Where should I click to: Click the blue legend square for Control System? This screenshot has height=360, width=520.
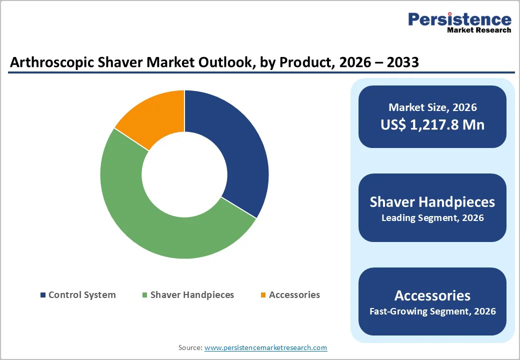pyautogui.click(x=43, y=295)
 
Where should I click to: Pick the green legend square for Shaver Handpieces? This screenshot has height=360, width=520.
pyautogui.click(x=145, y=295)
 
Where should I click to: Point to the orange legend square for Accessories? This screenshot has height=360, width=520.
pyautogui.click(x=263, y=295)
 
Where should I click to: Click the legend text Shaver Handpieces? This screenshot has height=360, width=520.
pyautogui.click(x=192, y=295)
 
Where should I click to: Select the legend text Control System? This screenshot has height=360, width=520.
pyautogui.click(x=82, y=295)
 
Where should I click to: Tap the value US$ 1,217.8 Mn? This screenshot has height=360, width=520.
pyautogui.click(x=432, y=124)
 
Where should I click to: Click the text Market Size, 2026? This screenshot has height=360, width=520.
pyautogui.click(x=432, y=107)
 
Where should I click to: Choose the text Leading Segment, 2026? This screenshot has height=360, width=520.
pyautogui.click(x=432, y=218)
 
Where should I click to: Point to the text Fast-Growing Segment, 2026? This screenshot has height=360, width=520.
pyautogui.click(x=432, y=311)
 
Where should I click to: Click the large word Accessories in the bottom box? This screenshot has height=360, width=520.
pyautogui.click(x=432, y=295)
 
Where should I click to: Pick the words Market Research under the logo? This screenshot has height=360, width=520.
pyautogui.click(x=479, y=30)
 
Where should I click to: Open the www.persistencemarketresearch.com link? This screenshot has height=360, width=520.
pyautogui.click(x=265, y=347)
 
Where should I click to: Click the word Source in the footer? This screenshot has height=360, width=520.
pyautogui.click(x=189, y=347)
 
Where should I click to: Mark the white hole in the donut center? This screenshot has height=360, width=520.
pyautogui.click(x=184, y=174)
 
